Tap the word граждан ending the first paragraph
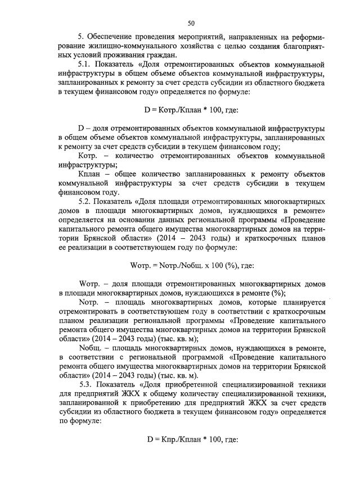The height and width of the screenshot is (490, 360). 159,55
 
